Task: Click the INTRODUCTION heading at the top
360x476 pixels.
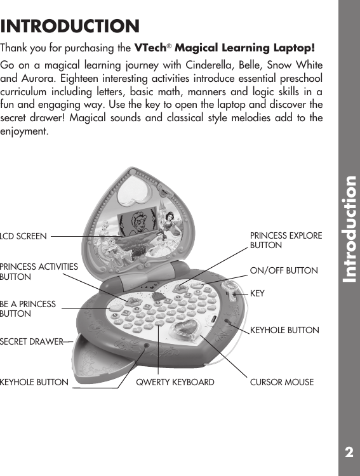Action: [x=70, y=27]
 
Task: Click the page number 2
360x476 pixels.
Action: [x=349, y=453]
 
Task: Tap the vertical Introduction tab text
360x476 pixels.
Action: [x=349, y=229]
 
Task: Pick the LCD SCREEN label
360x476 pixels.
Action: [x=23, y=237]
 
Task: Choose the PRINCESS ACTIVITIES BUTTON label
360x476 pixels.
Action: [x=39, y=272]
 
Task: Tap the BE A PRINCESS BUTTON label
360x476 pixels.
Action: [x=29, y=309]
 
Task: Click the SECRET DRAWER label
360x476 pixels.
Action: [x=31, y=342]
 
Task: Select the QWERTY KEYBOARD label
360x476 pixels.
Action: [x=176, y=383]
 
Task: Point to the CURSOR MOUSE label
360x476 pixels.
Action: [x=282, y=383]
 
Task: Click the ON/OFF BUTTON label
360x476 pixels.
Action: [x=284, y=271]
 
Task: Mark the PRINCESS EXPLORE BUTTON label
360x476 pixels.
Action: [x=286, y=240]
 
